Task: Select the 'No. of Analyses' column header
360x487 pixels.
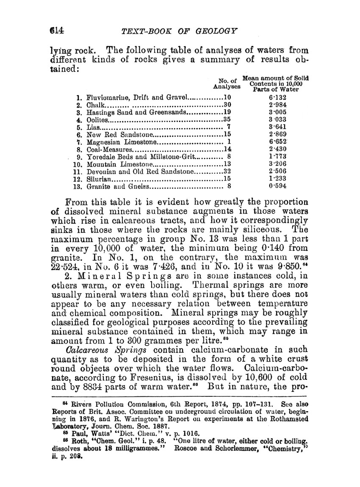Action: (227, 83)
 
